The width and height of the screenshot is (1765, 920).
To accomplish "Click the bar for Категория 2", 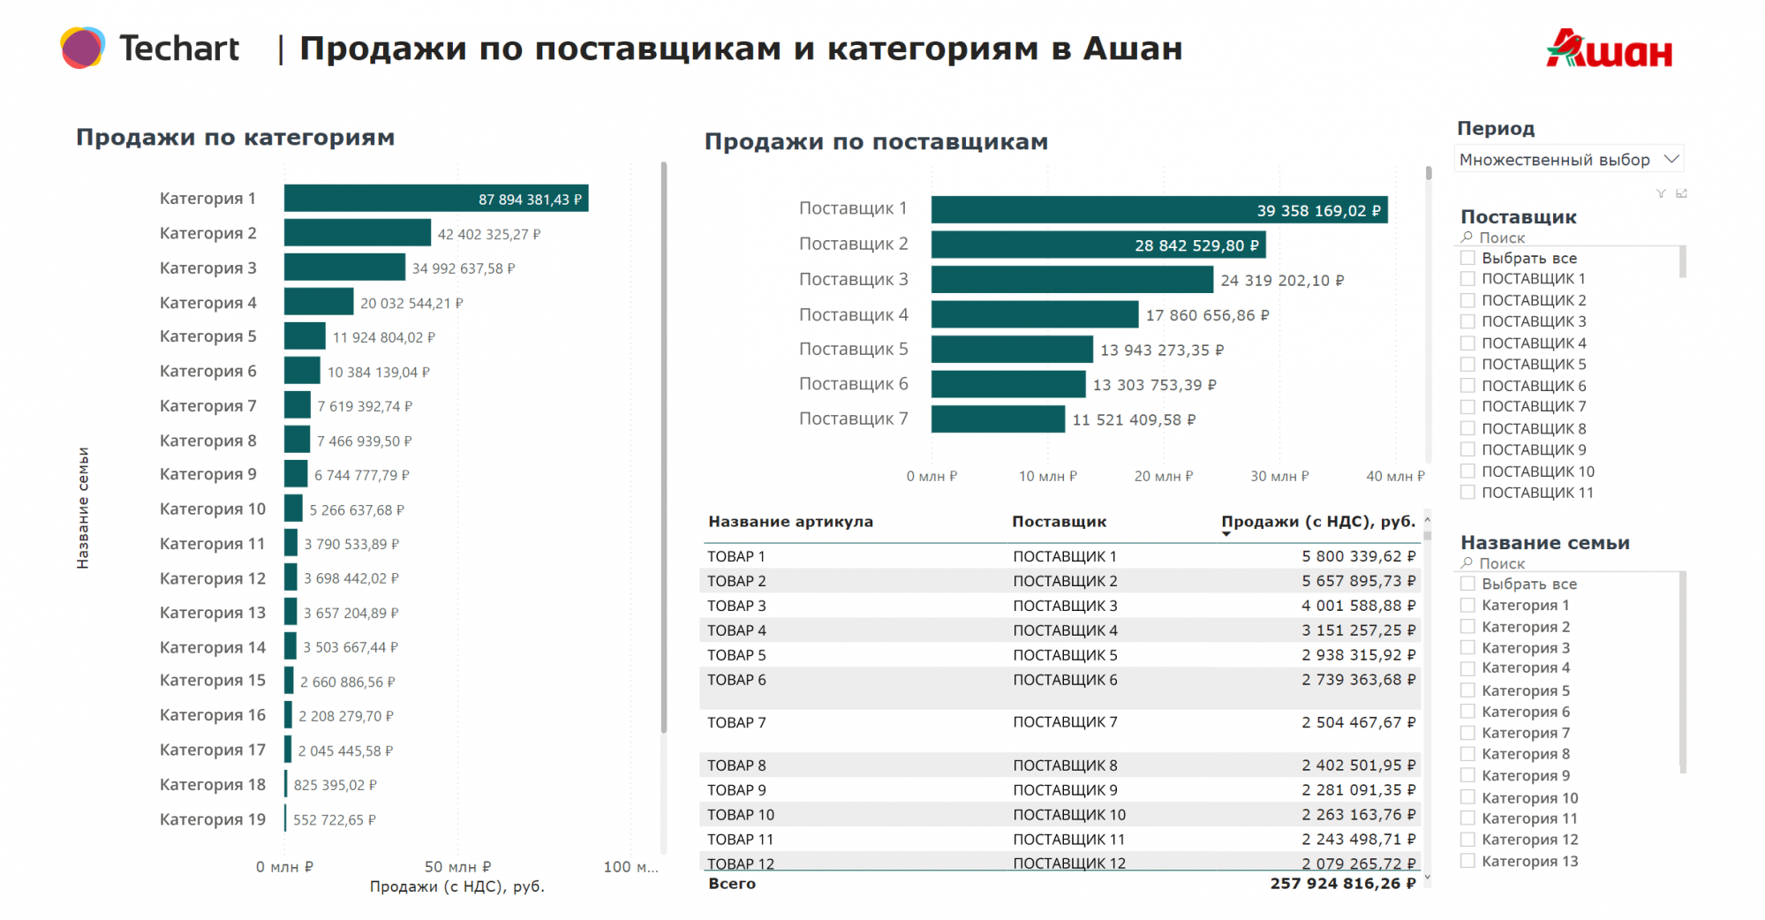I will pyautogui.click(x=357, y=233).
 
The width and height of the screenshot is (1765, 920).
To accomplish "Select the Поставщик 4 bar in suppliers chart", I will pyautogui.click(x=1034, y=314).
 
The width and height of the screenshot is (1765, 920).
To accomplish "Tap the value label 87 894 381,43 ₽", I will pyautogui.click(x=530, y=200).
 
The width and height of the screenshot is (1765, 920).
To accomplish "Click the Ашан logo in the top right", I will pyautogui.click(x=1609, y=49).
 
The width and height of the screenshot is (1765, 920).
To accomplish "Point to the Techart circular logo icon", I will pyautogui.click(x=82, y=48).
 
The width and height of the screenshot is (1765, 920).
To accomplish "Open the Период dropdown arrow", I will pyautogui.click(x=1671, y=159).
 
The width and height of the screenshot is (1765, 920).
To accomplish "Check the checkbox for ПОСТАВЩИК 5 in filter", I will pyautogui.click(x=1467, y=364).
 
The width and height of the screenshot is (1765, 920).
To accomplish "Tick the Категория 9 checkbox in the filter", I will pyautogui.click(x=1467, y=775).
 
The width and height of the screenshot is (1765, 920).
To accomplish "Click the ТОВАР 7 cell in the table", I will pyautogui.click(x=736, y=722).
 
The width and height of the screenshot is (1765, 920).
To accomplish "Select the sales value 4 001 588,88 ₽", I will pyautogui.click(x=1358, y=606).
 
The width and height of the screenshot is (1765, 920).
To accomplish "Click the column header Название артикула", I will pyautogui.click(x=790, y=522).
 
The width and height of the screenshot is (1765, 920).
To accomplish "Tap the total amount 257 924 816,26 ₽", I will pyautogui.click(x=1342, y=884).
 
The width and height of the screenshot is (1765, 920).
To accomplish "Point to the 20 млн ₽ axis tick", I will pyautogui.click(x=1163, y=476).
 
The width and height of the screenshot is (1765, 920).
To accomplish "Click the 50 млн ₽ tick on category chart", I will pyautogui.click(x=457, y=867).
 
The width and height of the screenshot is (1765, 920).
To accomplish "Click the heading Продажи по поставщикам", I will pyautogui.click(x=876, y=142).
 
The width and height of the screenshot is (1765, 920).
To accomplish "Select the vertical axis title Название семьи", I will pyautogui.click(x=83, y=508).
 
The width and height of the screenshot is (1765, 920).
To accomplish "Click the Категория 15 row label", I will pyautogui.click(x=212, y=681).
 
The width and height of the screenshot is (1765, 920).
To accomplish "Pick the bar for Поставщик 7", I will pyautogui.click(x=998, y=419).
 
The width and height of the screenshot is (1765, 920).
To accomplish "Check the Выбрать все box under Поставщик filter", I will pyautogui.click(x=1467, y=258).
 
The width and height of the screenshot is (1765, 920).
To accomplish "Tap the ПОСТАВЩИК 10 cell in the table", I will pyautogui.click(x=1068, y=815).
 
